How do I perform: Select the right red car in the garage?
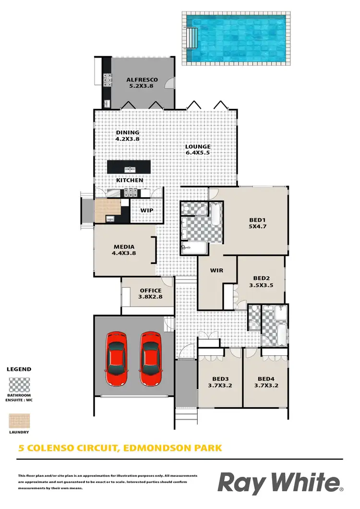pos(151,358)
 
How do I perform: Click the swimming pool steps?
pos(192,37)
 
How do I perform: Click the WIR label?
pos(216,270)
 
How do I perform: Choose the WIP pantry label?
pos(146,210)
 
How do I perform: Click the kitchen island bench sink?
pos(130,169)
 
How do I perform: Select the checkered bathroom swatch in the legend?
pos(19,385)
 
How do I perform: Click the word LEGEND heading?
pos(19,369)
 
